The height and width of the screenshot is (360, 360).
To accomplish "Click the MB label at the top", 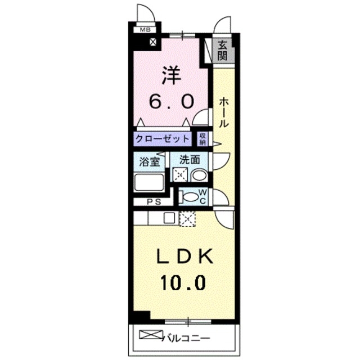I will [145, 30].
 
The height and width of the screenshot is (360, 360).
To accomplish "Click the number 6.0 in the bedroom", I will [172, 101].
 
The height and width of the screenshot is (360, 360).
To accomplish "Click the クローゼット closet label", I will [164, 138].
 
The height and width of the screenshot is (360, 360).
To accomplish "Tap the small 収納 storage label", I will [202, 138].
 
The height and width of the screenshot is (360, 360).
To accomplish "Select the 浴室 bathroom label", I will [149, 161].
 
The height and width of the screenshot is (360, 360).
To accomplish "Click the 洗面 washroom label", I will [190, 160].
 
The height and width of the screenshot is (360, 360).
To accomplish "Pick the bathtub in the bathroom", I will [148, 183].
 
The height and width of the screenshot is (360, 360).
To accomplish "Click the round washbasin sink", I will [199, 175].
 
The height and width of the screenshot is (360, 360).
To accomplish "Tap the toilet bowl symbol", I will [192, 197].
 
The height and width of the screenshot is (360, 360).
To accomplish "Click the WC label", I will [204, 196].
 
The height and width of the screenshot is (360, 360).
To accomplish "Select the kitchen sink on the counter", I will [169, 217].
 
